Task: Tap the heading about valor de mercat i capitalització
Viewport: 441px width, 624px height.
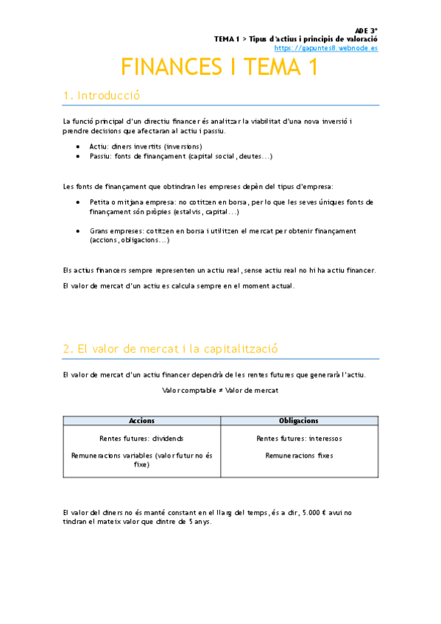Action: (x=170, y=349)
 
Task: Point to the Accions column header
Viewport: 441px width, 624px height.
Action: (x=141, y=421)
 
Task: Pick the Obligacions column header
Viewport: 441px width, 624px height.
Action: (x=299, y=421)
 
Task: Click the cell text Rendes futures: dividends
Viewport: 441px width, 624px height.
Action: (x=141, y=439)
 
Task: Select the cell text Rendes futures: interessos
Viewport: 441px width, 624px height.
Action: (x=299, y=439)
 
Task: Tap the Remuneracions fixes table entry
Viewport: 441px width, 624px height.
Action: (x=299, y=455)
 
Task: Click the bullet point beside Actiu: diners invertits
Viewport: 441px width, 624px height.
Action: (x=79, y=146)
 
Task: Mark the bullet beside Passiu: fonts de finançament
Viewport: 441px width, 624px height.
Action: (x=79, y=156)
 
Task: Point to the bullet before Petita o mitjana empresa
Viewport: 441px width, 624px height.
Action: (x=79, y=201)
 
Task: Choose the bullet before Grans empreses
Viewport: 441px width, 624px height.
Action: (x=79, y=230)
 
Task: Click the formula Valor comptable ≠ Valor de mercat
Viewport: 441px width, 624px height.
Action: (x=220, y=390)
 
